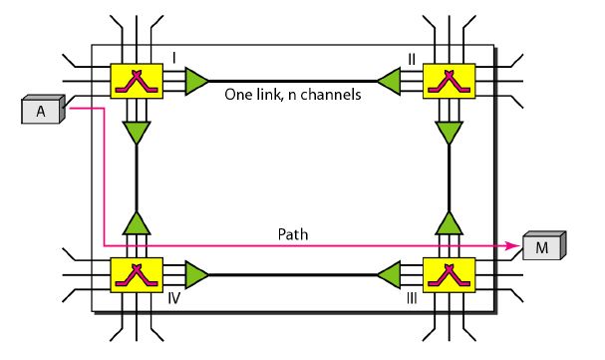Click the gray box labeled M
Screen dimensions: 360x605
coord(543,245)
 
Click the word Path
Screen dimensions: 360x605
coord(295,234)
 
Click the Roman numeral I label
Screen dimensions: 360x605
coord(174,59)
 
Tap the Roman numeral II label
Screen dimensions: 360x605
coord(411,59)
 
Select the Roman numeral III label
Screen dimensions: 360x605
coord(412,297)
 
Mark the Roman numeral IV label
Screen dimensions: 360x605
coord(172,297)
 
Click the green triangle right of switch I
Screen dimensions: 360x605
coord(196,80)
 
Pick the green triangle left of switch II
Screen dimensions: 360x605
coord(389,80)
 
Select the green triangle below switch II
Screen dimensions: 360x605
coord(448,132)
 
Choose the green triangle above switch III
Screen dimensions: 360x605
coord(448,221)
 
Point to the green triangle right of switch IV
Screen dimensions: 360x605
coord(196,273)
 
